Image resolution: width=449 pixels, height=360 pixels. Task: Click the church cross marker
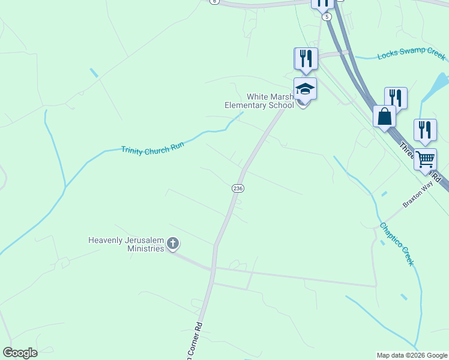click(173, 244)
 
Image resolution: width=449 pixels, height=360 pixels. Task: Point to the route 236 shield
click(238, 188)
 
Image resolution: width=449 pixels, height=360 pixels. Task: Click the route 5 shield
click(327, 17)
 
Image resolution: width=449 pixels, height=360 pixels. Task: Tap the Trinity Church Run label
click(152, 148)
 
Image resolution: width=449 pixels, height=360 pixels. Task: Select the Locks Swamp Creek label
click(411, 55)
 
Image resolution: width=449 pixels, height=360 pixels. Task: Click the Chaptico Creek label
click(396, 244)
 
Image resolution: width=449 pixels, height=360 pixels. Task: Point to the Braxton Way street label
click(418, 195)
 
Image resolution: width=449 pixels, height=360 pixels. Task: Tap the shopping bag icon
click(384, 116)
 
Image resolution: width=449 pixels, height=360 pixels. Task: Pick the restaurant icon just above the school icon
click(306, 58)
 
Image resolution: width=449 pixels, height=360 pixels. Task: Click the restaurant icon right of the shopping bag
click(396, 98)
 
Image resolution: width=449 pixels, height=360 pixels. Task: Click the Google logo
click(20, 353)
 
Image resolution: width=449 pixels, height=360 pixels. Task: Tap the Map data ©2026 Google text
click(412, 355)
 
